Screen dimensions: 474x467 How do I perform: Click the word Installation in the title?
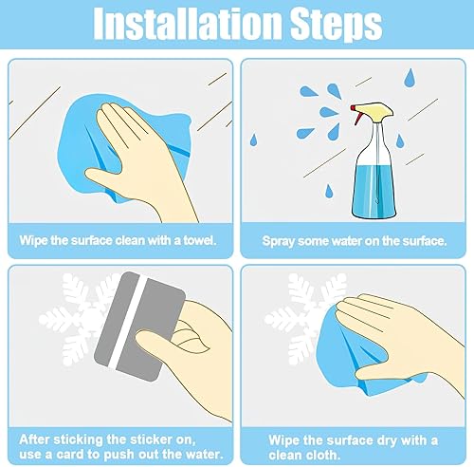188,25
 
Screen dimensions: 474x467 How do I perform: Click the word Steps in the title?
337,26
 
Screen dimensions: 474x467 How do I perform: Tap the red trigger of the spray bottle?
356,115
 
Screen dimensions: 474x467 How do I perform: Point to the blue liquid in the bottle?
374,191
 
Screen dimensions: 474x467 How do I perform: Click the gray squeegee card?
140,326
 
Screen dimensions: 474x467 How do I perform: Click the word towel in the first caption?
200,241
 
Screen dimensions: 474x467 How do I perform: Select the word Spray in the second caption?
278,242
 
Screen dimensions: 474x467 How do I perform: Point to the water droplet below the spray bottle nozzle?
329,191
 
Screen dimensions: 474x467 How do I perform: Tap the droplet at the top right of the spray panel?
410,78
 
